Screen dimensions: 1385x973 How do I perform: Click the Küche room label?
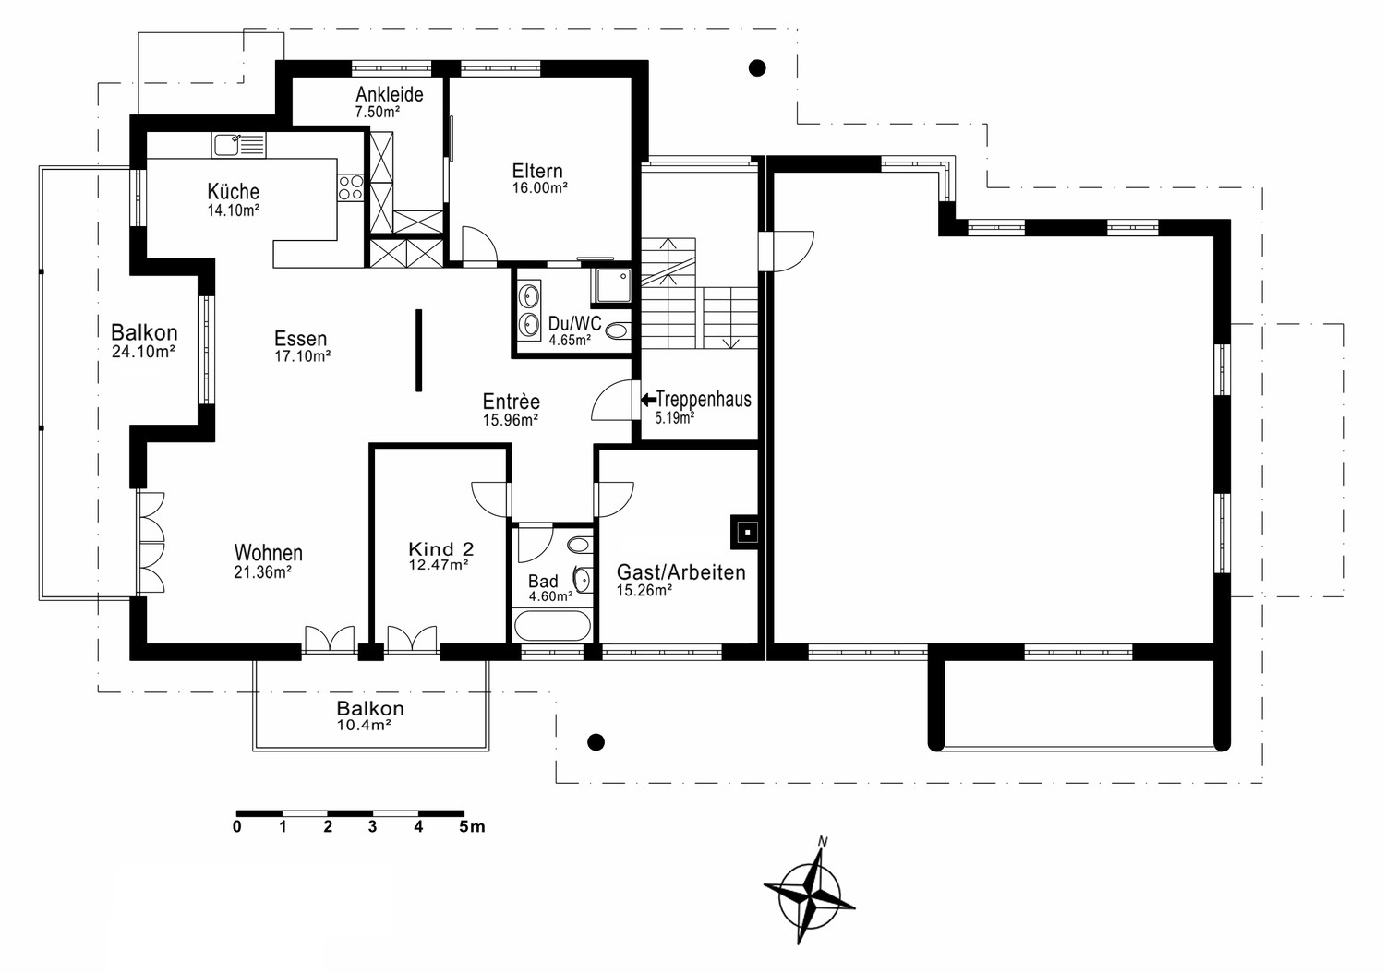click(x=233, y=191)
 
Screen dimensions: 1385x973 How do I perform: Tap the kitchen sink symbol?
click(x=238, y=146)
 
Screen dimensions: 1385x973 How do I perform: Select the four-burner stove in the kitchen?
click(x=351, y=188)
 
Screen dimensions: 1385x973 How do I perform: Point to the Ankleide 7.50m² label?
click(x=389, y=102)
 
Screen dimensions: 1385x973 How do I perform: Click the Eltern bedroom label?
click(x=537, y=171)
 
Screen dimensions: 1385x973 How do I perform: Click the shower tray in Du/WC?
click(x=611, y=287)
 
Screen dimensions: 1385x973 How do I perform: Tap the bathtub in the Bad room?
click(x=551, y=625)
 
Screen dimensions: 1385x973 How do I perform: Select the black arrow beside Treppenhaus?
click(x=648, y=400)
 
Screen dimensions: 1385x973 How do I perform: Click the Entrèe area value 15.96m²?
click(x=510, y=420)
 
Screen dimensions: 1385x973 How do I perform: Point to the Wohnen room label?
click(x=269, y=552)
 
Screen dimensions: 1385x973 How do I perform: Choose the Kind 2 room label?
click(x=440, y=548)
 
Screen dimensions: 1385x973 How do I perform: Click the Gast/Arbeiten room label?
click(x=680, y=572)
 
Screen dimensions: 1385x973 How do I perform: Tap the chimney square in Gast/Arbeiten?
click(x=748, y=532)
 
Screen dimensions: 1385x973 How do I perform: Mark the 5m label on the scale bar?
click(x=473, y=826)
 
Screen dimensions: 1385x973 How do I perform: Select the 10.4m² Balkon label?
click(x=364, y=725)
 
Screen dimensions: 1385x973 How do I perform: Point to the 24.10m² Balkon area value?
click(x=143, y=352)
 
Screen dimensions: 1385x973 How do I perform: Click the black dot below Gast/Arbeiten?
click(x=596, y=741)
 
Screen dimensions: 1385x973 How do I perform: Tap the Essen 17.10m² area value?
click(x=302, y=356)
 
